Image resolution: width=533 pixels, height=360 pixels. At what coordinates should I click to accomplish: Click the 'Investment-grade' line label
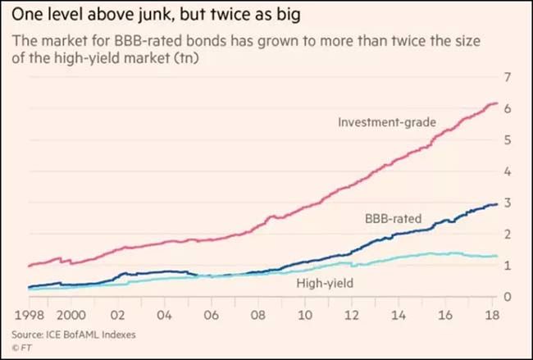[x=386, y=122]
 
